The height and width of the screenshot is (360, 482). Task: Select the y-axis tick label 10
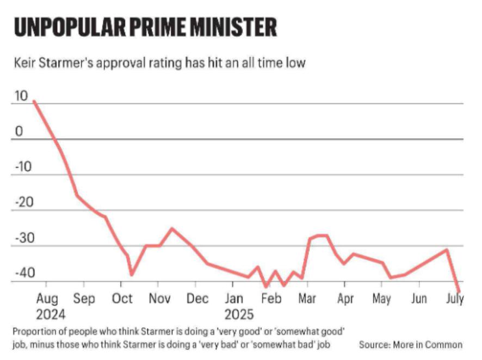[20, 96]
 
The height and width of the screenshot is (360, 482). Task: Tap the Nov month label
[160, 299]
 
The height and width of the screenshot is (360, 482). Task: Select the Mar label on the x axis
[308, 299]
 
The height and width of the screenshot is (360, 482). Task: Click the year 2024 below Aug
[51, 315]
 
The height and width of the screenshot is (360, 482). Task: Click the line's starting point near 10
[34, 101]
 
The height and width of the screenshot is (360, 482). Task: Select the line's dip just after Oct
[131, 274]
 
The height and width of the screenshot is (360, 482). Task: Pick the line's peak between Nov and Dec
[172, 228]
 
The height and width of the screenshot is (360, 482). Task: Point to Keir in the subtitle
[26, 63]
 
